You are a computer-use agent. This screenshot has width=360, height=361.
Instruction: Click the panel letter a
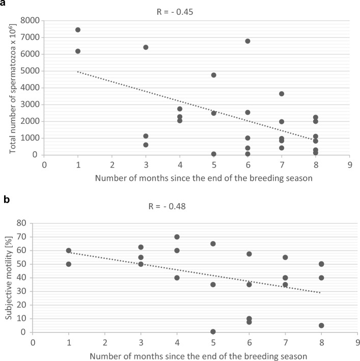pyautogui.click(x=4, y=4)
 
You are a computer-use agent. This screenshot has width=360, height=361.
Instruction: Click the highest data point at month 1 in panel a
pyautogui.click(x=78, y=30)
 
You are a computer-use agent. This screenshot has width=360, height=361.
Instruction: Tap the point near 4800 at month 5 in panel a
pyautogui.click(x=214, y=75)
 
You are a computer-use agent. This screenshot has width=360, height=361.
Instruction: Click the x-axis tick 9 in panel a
pyautogui.click(x=349, y=164)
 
